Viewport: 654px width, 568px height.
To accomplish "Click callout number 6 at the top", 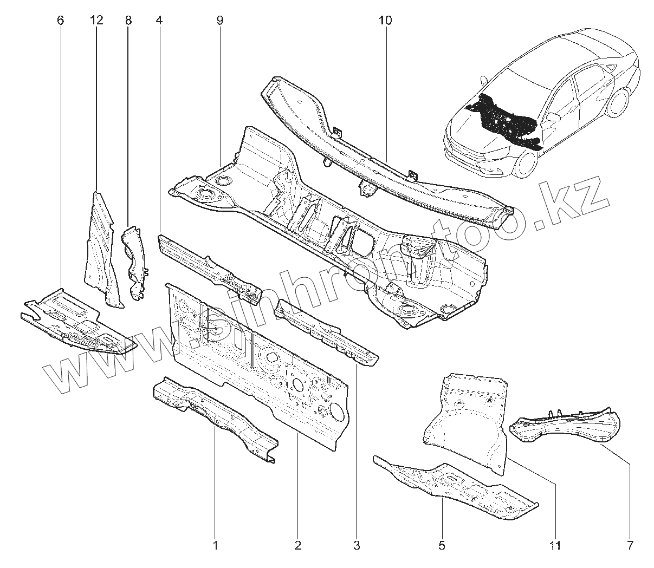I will click(x=60, y=21).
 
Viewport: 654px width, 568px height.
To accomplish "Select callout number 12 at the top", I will click(x=96, y=21).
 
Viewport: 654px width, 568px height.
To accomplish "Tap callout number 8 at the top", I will click(x=128, y=21).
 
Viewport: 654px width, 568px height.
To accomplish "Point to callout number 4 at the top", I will click(x=158, y=21).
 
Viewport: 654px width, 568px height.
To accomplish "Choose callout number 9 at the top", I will click(x=219, y=21).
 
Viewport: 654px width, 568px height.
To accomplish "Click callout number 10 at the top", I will click(x=386, y=21).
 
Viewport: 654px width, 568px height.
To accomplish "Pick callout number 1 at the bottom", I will click(x=215, y=545).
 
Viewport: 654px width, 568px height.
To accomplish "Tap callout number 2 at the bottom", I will click(x=297, y=545).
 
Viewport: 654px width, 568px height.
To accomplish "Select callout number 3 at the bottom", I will click(x=356, y=545).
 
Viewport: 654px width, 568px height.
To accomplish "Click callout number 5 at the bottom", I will click(x=442, y=545).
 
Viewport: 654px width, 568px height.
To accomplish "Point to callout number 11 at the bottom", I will click(x=554, y=545).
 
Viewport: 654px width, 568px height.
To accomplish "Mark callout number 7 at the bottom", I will click(x=630, y=545).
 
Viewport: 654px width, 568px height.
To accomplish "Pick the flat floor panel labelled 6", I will click(x=76, y=322).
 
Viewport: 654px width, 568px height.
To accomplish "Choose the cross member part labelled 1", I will click(x=217, y=417).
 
